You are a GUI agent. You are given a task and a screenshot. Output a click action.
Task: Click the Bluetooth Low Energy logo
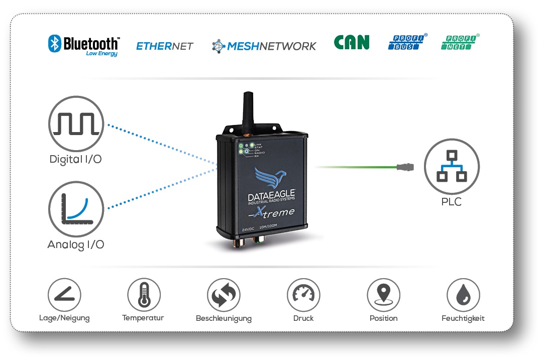84,45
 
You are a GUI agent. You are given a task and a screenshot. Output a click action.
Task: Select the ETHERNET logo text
165,46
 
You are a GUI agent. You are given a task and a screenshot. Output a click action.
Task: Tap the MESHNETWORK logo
264,46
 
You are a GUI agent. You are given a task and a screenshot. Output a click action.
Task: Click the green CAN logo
352,43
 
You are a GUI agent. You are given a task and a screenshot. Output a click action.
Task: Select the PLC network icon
452,166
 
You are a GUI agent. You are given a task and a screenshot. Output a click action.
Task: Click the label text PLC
451,202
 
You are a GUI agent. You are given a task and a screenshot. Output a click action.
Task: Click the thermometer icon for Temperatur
144,295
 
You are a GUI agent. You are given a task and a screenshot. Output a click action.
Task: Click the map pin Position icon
383,295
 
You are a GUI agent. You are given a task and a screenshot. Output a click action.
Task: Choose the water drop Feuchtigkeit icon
463,295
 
